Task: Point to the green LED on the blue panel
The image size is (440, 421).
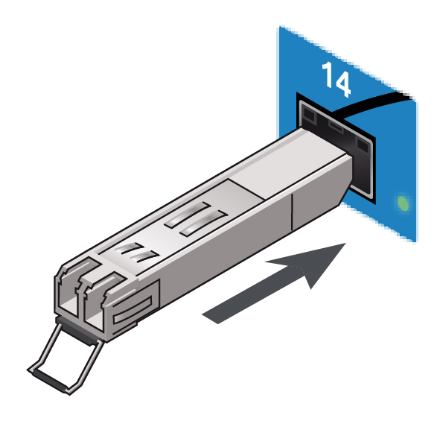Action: [404, 203]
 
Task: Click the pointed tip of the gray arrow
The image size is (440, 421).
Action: [345, 244]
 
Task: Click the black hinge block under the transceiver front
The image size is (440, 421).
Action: [77, 331]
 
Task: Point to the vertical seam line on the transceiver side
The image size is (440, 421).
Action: [292, 211]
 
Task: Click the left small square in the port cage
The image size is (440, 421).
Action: [310, 115]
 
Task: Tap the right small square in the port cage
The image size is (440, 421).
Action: [363, 146]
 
